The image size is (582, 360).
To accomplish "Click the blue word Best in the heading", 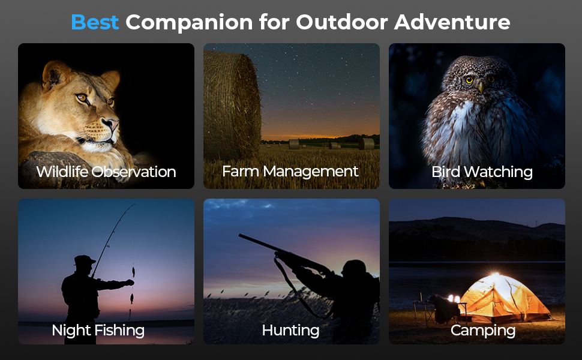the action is [95, 22].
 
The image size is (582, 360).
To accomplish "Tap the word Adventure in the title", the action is [452, 22].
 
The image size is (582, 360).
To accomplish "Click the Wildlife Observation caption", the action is [106, 172].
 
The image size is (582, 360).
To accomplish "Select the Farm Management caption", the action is [290, 172].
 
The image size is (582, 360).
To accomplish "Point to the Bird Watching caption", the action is [482, 172].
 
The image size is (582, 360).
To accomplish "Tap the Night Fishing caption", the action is [98, 331].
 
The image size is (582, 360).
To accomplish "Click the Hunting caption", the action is [290, 331].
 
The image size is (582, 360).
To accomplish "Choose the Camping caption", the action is [483, 331].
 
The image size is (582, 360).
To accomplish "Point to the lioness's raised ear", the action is [56, 74].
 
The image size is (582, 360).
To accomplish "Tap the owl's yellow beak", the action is [481, 87].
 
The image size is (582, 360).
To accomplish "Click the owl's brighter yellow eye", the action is [469, 80].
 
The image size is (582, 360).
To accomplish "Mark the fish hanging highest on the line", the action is [133, 272].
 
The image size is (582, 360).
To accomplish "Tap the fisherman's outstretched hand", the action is [130, 283].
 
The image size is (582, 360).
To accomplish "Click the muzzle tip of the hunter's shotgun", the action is [240, 235].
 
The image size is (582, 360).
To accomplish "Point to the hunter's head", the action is [354, 268].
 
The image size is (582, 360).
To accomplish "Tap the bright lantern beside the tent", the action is [454, 299].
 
